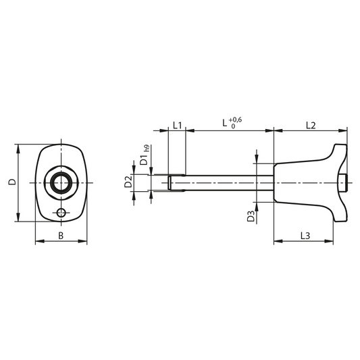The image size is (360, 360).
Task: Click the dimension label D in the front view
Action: point(13,182)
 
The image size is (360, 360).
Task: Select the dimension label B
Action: point(61,236)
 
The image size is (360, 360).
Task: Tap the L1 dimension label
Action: point(177,126)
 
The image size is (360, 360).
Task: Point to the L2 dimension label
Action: point(311,126)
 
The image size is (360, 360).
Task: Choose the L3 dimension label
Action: point(305,236)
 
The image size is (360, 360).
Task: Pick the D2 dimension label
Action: point(128,182)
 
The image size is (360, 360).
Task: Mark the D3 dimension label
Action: point(251,216)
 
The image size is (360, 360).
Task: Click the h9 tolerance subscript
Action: point(147,149)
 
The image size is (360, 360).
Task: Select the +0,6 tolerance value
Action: point(235,120)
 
